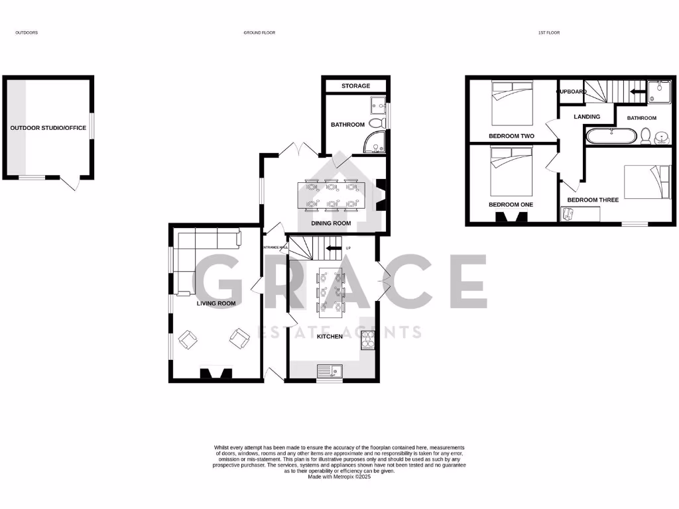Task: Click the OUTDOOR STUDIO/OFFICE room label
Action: click(48, 128)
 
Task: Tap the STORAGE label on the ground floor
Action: click(356, 86)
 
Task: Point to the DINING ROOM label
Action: click(332, 223)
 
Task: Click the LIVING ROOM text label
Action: click(216, 304)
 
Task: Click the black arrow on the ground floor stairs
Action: click(334, 249)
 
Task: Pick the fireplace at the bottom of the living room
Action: click(216, 374)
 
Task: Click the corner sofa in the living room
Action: click(199, 252)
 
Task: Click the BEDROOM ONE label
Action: click(511, 205)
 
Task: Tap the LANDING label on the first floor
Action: click(587, 117)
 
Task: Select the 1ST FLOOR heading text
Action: click(550, 32)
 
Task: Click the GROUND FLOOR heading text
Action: click(259, 32)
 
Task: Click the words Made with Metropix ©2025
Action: click(339, 477)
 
